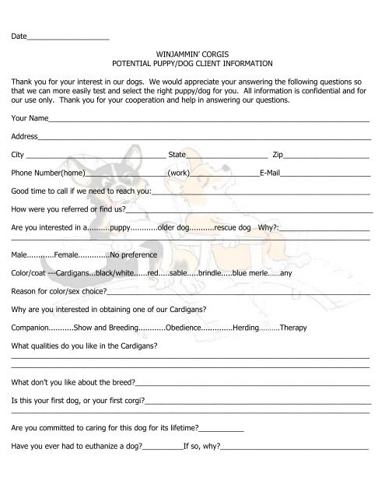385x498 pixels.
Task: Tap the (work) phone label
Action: [x=178, y=173]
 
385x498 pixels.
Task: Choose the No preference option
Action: [x=134, y=254]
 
